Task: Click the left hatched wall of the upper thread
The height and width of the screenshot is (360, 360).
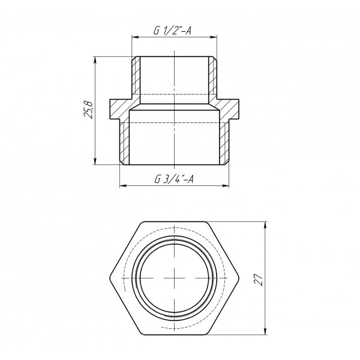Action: tap(136, 78)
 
